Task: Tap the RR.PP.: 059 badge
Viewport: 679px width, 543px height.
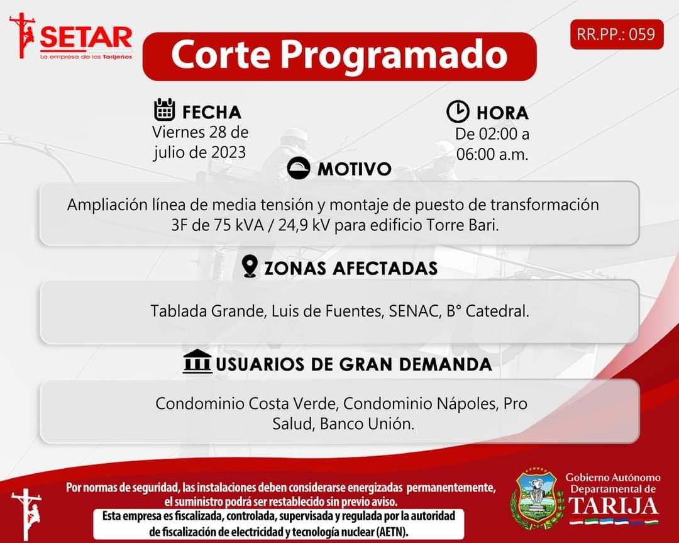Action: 617,34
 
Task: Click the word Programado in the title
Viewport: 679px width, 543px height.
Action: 394,55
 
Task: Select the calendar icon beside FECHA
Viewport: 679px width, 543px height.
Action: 165,109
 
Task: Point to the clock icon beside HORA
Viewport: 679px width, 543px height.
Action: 458,111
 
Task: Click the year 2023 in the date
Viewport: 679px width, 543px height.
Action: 228,152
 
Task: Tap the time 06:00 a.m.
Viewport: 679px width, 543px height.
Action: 492,154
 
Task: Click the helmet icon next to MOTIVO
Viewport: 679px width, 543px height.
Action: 299,168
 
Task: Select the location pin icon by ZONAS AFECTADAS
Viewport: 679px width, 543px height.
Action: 250,266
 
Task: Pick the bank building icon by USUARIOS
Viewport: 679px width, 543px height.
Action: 197,361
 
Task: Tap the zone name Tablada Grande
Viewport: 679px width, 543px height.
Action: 207,311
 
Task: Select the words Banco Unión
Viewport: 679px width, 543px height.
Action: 367,424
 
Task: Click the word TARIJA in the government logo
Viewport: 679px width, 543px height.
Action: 613,506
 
